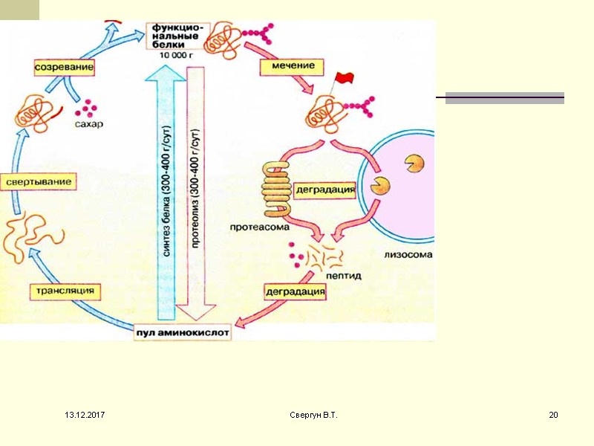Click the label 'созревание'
click(66, 68)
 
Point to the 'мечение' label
click(292, 66)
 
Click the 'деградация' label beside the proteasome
click(326, 190)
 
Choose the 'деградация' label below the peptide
click(296, 292)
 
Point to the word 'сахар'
click(88, 124)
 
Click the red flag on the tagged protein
click(345, 78)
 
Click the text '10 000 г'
click(175, 54)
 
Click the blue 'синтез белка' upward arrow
click(166, 193)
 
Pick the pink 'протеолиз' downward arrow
click(196, 193)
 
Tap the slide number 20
click(552, 414)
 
